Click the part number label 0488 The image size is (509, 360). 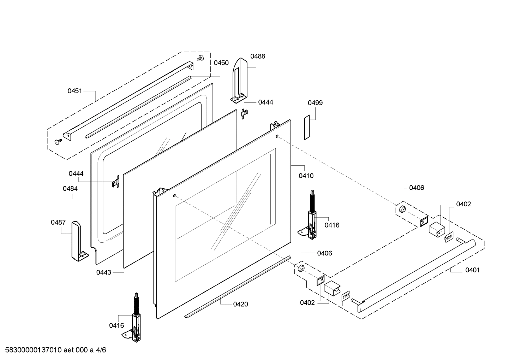[x=258, y=56]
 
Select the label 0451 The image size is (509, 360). [x=75, y=91]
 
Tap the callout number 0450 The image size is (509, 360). [x=221, y=63]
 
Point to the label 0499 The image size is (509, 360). [x=315, y=103]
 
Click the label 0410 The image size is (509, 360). [x=306, y=176]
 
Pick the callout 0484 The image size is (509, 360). [x=70, y=189]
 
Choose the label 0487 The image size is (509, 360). [x=58, y=222]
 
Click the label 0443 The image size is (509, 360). [x=104, y=272]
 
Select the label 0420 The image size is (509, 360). [x=241, y=304]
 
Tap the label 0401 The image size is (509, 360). [x=472, y=270]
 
